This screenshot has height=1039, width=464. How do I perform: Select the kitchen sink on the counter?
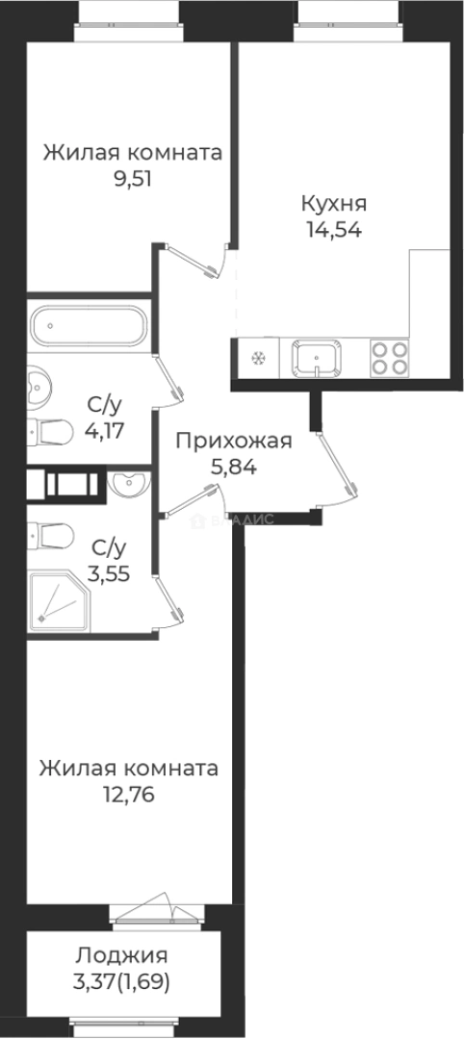[318, 360]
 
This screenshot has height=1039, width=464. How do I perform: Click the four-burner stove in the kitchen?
[388, 359]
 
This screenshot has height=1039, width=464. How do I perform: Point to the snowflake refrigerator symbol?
[257, 360]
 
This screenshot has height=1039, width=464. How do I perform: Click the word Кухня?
[334, 204]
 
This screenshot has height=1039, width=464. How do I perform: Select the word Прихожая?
[233, 442]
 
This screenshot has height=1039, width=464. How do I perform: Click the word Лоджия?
[121, 956]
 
